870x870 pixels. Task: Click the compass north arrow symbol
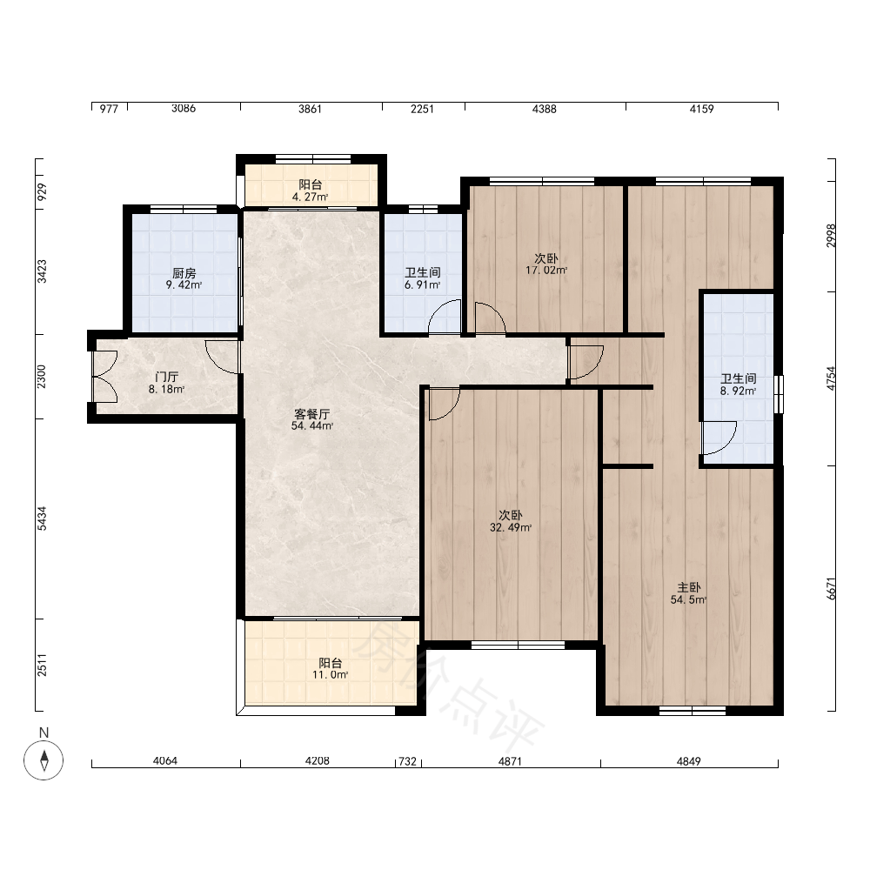point(43,760)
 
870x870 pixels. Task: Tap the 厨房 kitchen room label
point(184,273)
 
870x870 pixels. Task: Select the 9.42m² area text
point(184,285)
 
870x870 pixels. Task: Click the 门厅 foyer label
point(166,378)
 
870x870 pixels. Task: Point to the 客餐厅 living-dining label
point(311,414)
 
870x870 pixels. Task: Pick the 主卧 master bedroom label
point(688,587)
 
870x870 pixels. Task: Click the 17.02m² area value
point(546,271)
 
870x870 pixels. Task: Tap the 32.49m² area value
point(511,528)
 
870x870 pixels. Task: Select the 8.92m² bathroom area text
point(739,391)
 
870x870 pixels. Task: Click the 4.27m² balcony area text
point(311,197)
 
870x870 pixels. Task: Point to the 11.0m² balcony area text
point(330,675)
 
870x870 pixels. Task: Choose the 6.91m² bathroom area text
point(422,285)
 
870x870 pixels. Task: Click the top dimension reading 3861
point(311,109)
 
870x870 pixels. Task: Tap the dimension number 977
point(109,109)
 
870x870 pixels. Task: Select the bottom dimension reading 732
point(408,761)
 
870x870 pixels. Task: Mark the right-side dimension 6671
point(831,588)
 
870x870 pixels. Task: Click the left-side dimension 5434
point(42,519)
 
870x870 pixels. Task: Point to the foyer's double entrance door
point(104,377)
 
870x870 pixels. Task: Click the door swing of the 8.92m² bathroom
point(719,438)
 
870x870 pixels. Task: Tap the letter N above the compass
point(43,733)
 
